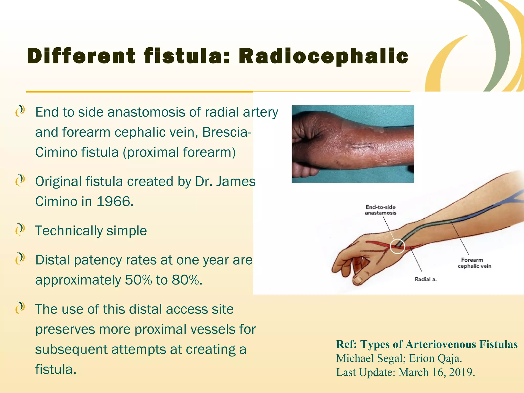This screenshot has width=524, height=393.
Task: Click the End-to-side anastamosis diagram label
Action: click(x=380, y=210)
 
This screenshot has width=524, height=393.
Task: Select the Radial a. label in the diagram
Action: click(x=425, y=279)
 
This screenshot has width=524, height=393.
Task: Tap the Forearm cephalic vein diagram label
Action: click(x=474, y=263)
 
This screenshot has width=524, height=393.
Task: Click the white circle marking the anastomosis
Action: click(x=397, y=246)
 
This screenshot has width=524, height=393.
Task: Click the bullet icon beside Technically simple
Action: click(x=20, y=230)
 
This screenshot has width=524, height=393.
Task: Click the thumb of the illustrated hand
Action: click(x=359, y=280)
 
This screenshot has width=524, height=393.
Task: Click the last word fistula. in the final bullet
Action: click(x=56, y=369)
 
